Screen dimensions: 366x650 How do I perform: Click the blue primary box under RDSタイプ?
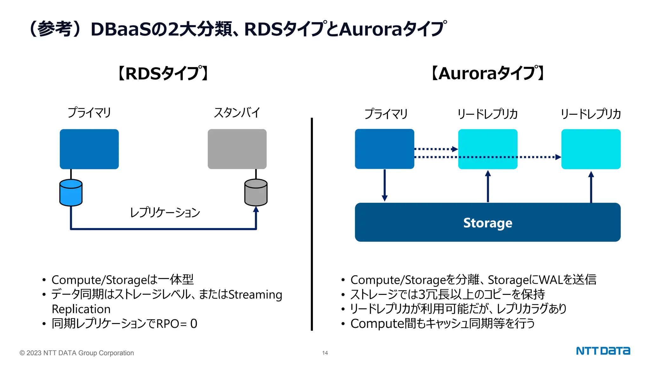[x=89, y=149]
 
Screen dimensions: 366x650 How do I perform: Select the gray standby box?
[x=237, y=149]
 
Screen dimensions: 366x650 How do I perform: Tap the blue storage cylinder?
[x=71, y=193]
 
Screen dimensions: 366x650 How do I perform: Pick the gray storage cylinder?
[x=256, y=193]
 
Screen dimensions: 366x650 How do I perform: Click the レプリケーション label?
[x=165, y=212]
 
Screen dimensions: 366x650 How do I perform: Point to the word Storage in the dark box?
[x=487, y=223]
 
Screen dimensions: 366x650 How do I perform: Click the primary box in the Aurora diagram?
[x=384, y=149]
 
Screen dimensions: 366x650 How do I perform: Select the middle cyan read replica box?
[x=487, y=149]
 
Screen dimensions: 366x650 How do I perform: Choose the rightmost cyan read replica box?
[x=591, y=149]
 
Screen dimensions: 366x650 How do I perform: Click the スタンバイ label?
[x=237, y=113]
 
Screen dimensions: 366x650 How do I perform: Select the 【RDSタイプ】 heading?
[x=163, y=73]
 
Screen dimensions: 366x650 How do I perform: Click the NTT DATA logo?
[x=603, y=351]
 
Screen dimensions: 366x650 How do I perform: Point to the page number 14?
[x=325, y=353]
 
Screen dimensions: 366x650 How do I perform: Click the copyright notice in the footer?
[x=77, y=353]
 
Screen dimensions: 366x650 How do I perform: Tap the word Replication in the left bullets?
[x=81, y=309]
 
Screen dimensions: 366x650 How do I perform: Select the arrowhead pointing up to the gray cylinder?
[x=256, y=209]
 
